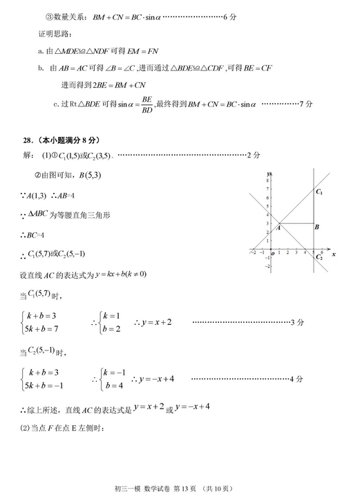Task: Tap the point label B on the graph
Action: tap(316, 227)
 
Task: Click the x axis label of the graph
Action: tap(334, 254)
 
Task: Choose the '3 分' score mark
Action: tap(296, 322)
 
